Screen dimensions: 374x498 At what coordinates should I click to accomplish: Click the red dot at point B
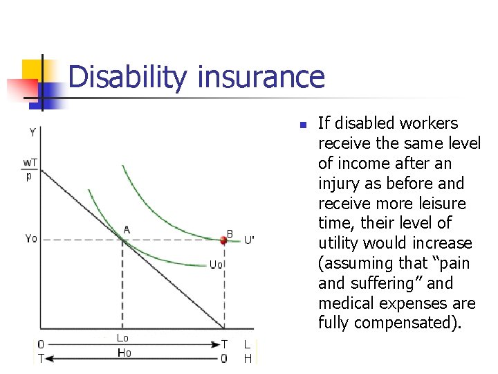(x=223, y=240)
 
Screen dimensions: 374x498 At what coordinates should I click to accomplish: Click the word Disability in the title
(x=127, y=77)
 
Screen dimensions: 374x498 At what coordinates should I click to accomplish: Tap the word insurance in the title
(x=260, y=77)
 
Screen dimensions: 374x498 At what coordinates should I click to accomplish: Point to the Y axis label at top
(x=33, y=132)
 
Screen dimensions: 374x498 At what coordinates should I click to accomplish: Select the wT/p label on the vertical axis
(x=30, y=169)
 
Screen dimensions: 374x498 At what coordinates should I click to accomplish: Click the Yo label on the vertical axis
(x=31, y=238)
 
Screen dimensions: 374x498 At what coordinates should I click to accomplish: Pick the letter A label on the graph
(x=127, y=229)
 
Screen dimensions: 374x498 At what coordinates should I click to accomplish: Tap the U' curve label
(x=249, y=240)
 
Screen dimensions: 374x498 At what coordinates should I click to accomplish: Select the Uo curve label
(x=216, y=265)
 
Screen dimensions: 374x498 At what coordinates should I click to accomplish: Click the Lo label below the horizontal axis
(x=122, y=338)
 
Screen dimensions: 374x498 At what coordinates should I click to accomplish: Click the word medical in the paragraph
(x=346, y=303)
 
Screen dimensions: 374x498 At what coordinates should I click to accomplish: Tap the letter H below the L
(x=248, y=358)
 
